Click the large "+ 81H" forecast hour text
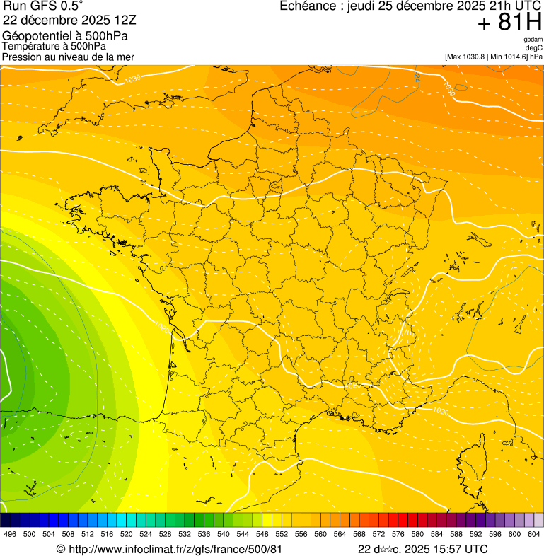509,23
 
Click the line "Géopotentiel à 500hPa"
65,35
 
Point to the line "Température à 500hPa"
54,46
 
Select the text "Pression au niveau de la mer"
68,57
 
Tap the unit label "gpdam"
533,40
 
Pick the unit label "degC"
534,47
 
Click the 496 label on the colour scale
10,534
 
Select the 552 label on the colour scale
282,534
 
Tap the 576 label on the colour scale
398,534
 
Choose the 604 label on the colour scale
534,534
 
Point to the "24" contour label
417,76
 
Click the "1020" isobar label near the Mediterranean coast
440,411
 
